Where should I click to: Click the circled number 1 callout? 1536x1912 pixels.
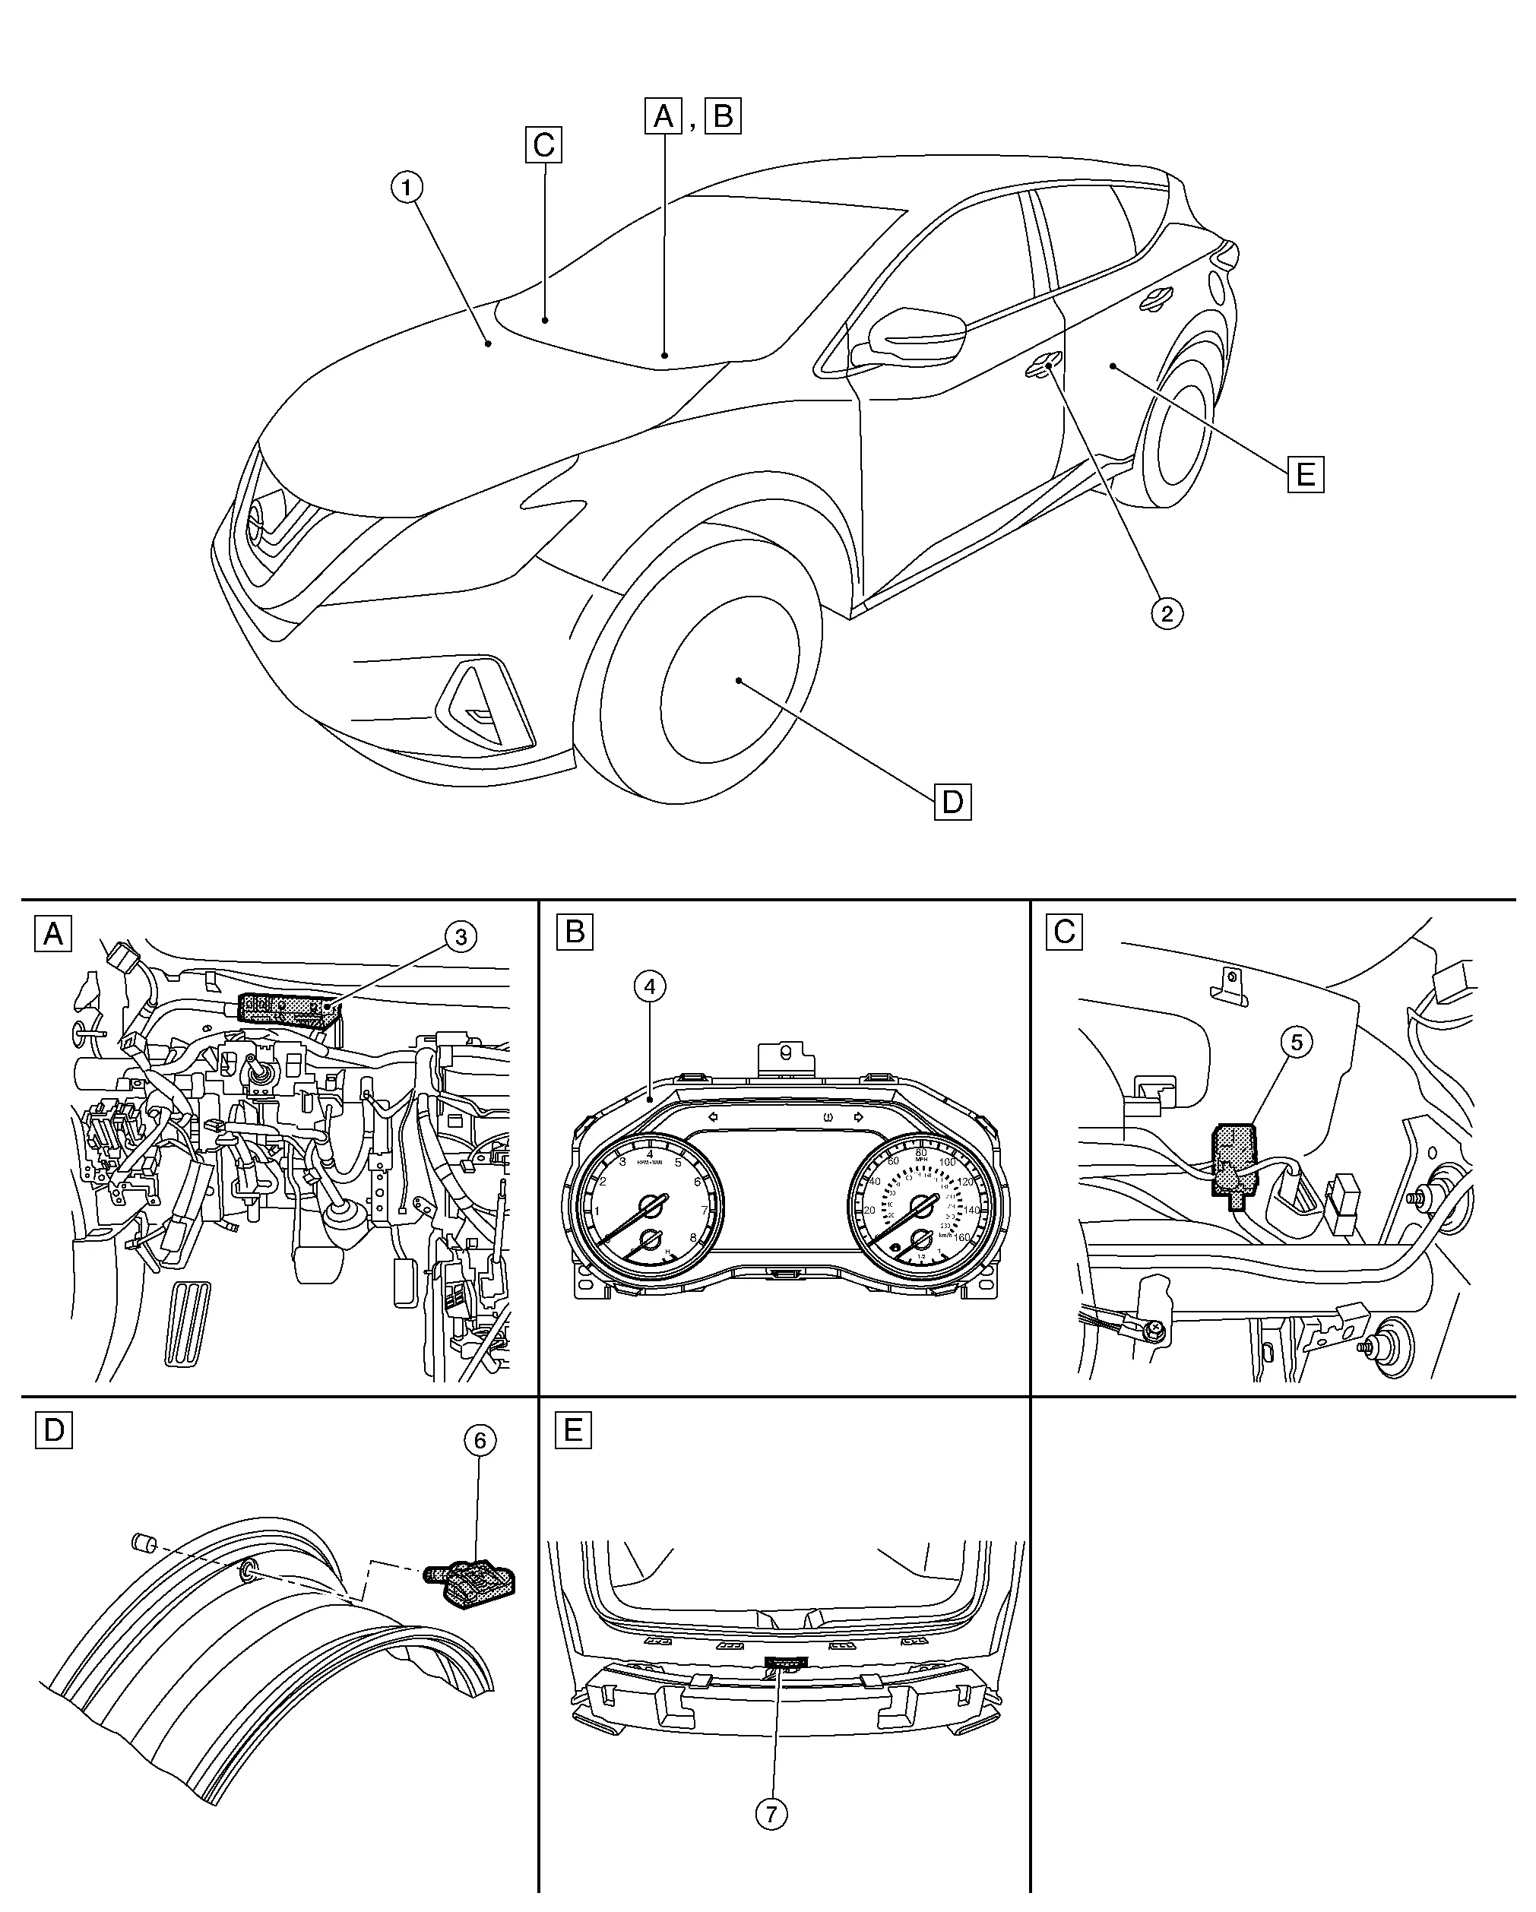(x=408, y=187)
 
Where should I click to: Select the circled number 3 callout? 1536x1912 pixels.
(x=461, y=936)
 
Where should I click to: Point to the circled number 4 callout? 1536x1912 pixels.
(x=650, y=986)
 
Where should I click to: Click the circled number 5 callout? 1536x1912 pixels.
(x=1297, y=1043)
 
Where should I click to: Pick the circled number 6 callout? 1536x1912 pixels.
(x=480, y=1441)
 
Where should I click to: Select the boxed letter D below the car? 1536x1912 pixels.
(x=952, y=802)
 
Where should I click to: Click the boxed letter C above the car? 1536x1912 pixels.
(x=543, y=144)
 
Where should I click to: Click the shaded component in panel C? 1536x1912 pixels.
(x=1233, y=1163)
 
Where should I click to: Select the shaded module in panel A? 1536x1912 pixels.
(x=288, y=1009)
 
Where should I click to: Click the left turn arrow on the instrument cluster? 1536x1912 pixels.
(x=711, y=1116)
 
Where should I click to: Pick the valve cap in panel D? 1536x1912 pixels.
(x=143, y=1542)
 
